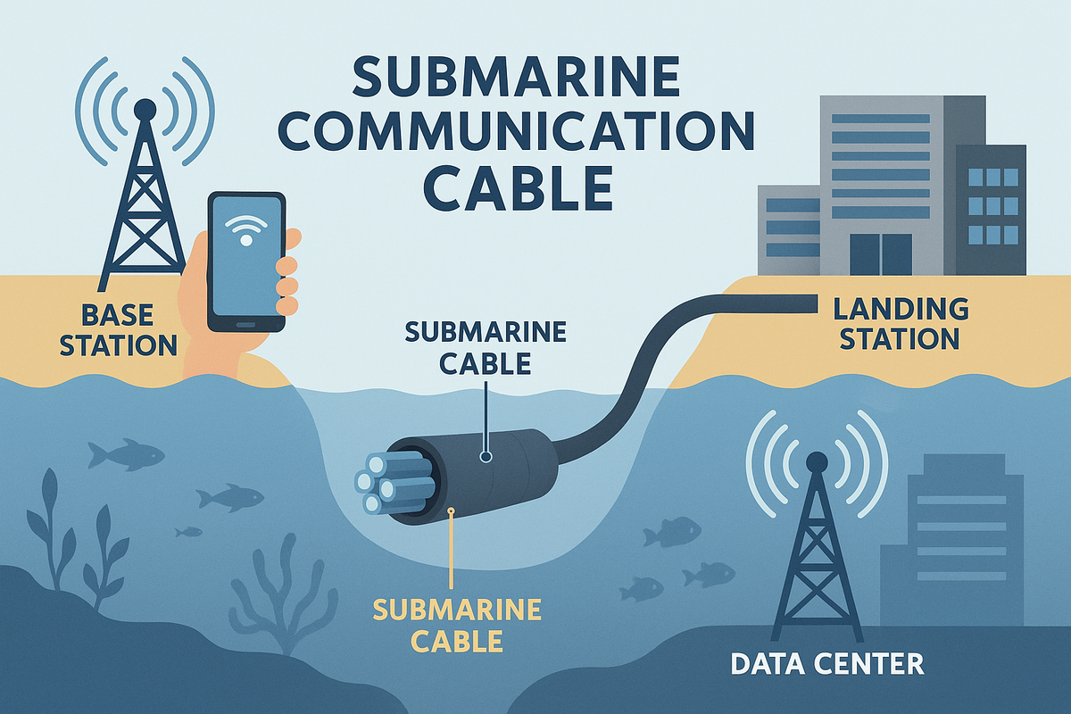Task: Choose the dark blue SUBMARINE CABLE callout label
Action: pos(486,347)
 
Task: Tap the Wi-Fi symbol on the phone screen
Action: pos(246,233)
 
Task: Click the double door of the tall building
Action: pos(881,254)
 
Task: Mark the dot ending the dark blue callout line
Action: pos(486,456)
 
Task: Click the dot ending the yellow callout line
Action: pos(452,512)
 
